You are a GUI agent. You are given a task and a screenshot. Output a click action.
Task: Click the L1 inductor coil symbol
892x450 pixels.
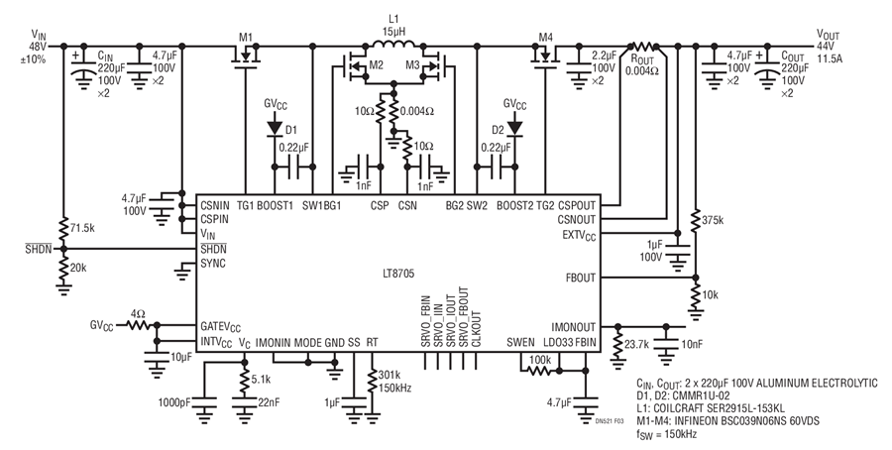point(393,44)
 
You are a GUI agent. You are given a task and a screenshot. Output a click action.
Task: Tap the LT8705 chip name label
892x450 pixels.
point(397,275)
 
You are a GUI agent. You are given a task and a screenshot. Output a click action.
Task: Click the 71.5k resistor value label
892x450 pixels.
point(82,227)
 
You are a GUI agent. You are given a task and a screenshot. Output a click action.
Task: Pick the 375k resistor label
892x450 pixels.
point(714,219)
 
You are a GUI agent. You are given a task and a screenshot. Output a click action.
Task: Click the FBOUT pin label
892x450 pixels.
point(581,278)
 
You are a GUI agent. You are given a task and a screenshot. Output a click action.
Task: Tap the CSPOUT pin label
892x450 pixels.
point(577,205)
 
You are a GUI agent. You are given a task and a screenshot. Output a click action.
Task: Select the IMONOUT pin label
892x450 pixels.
point(574,326)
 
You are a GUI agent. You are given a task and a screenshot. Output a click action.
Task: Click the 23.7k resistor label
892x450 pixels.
point(637,344)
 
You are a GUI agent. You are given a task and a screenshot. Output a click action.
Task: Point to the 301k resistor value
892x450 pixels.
point(390,376)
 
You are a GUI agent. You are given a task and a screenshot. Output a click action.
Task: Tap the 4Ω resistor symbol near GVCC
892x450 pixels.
point(138,325)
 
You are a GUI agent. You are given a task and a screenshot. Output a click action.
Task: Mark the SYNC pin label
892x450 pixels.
point(213,264)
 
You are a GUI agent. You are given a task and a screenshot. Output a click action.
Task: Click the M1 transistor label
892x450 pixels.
point(245,37)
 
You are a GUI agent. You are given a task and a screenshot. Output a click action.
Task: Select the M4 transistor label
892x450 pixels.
point(545,37)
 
